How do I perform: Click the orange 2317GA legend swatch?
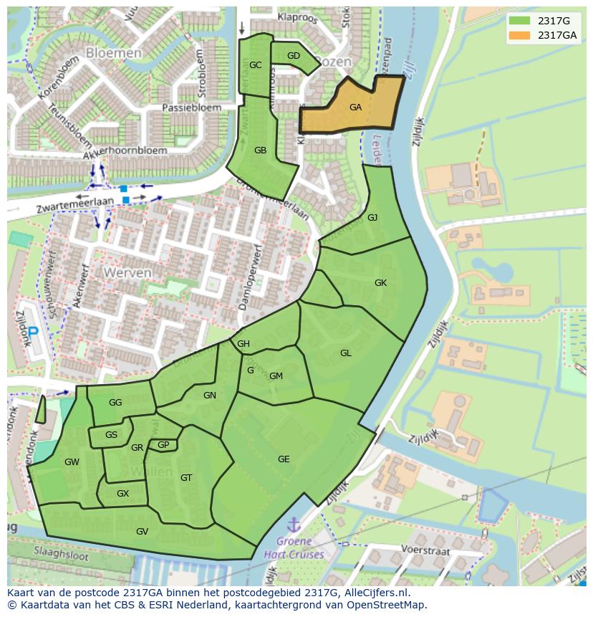point(520,35)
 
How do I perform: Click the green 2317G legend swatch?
point(520,20)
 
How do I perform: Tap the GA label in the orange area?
point(355,107)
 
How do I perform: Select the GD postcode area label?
point(294,56)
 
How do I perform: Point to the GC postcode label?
point(255,65)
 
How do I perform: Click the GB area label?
point(260,150)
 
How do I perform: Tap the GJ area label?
point(372,218)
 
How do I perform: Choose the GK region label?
point(380,283)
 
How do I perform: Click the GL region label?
point(346,353)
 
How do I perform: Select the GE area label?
point(284,459)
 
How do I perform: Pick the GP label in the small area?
point(163,445)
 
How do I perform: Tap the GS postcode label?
point(111,435)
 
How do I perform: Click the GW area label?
point(72,462)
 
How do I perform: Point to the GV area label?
point(142,532)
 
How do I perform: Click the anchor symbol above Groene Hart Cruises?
point(293,527)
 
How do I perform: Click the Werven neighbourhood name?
point(127,273)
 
